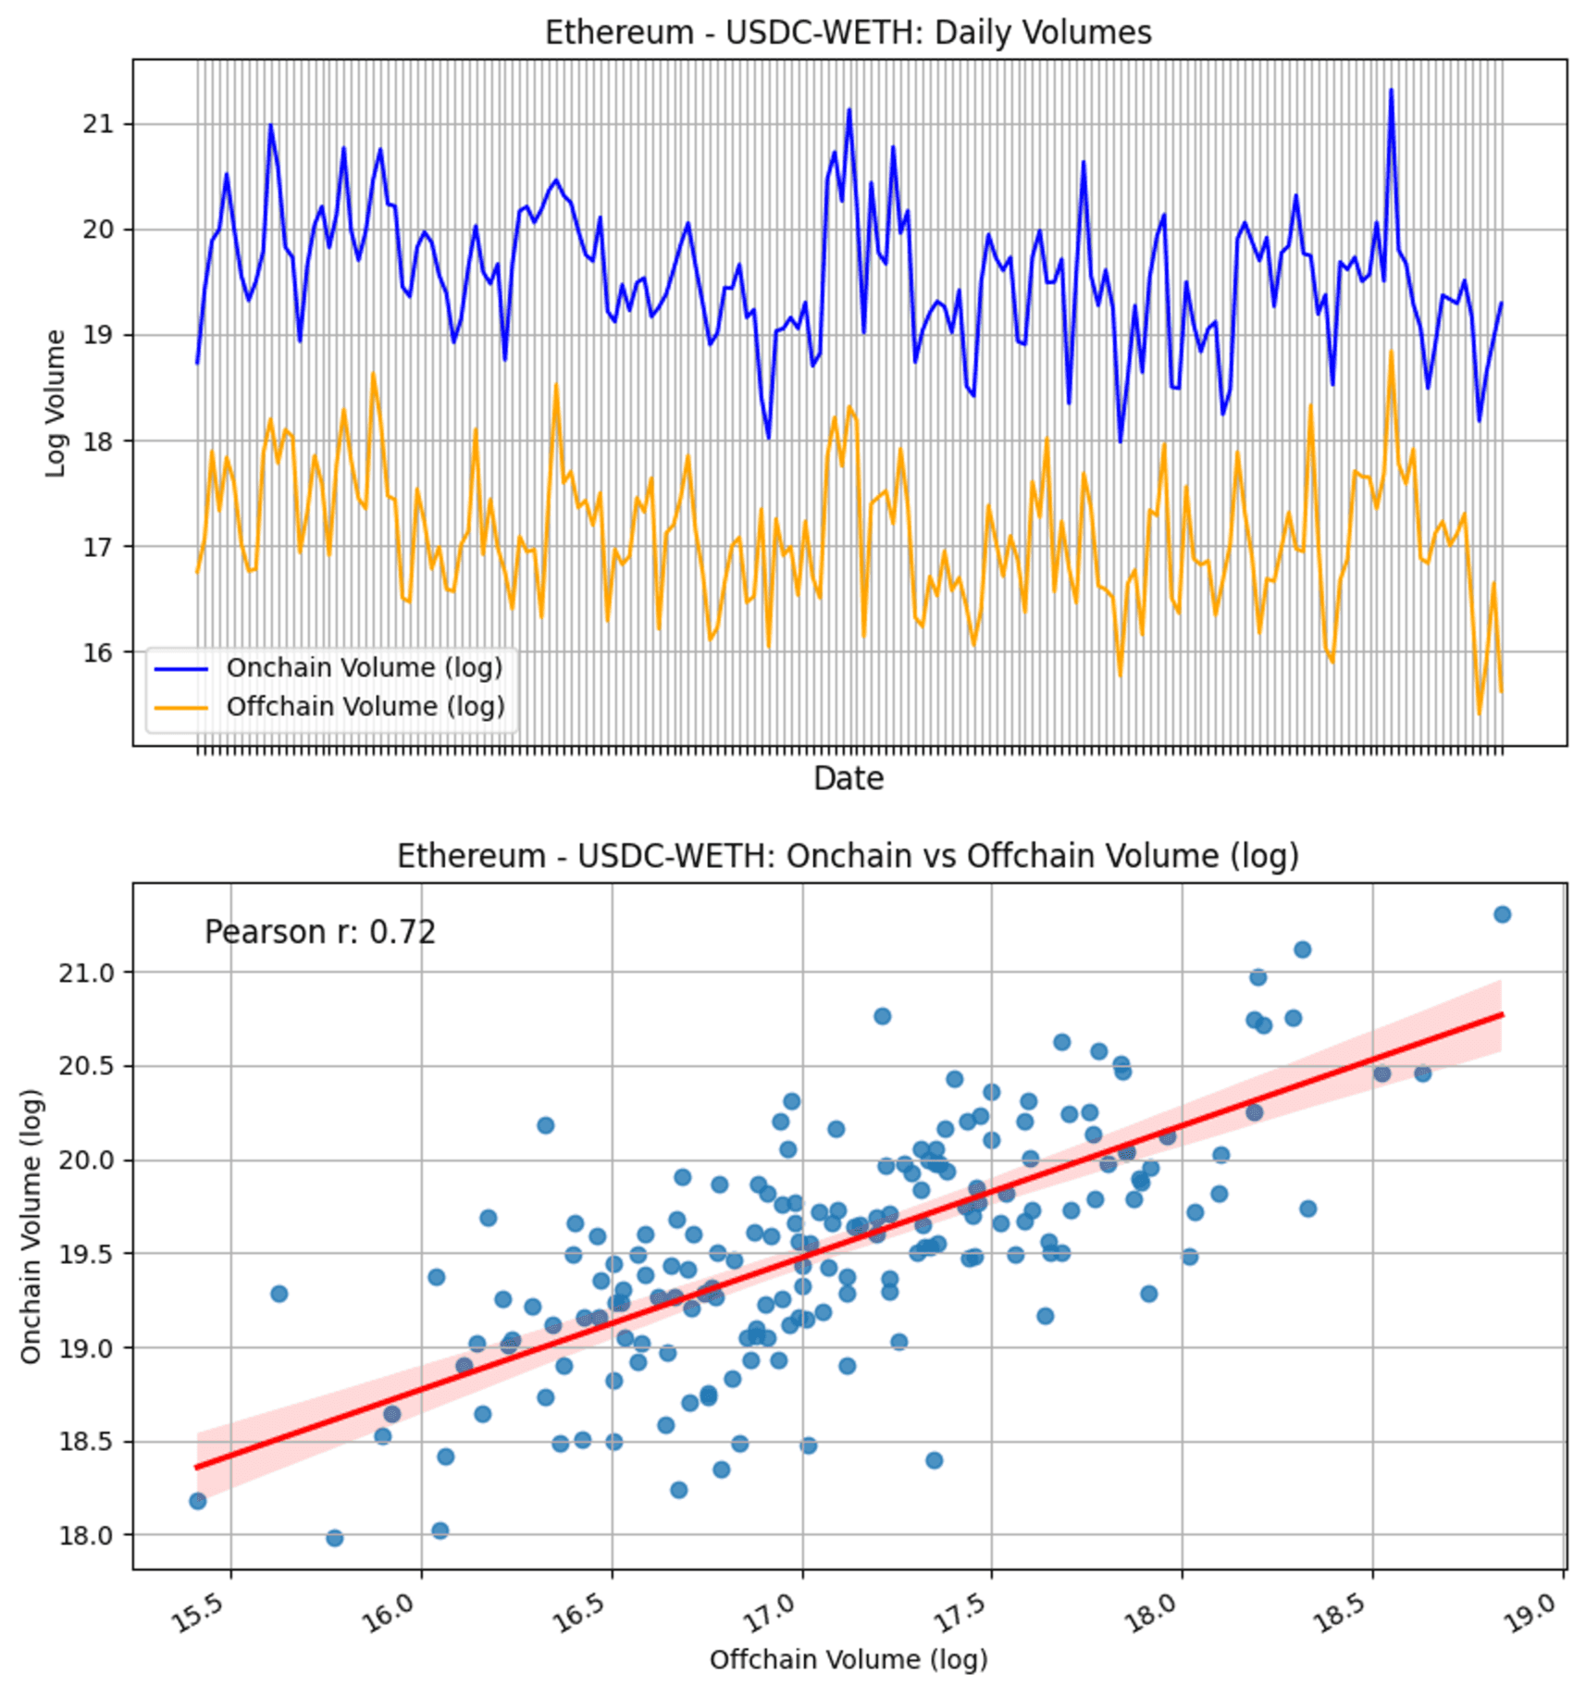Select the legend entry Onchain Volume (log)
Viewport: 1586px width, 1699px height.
pyautogui.click(x=364, y=667)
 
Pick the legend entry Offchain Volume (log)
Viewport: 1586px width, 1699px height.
pyautogui.click(x=365, y=706)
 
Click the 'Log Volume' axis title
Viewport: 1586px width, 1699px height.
pyautogui.click(x=56, y=403)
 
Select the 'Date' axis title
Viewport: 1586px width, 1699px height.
pyautogui.click(x=849, y=778)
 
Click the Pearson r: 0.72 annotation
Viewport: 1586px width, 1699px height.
pyautogui.click(x=319, y=932)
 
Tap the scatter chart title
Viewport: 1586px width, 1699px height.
pyautogui.click(x=848, y=856)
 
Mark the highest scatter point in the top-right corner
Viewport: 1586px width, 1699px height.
pyautogui.click(x=1502, y=914)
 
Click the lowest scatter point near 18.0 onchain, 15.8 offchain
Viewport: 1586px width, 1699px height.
pyautogui.click(x=335, y=1538)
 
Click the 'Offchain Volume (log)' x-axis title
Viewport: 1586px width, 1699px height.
pyautogui.click(x=849, y=1659)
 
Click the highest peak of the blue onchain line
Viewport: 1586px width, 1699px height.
pyautogui.click(x=1390, y=90)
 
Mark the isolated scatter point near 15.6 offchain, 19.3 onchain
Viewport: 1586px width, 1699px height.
pyautogui.click(x=279, y=1294)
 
